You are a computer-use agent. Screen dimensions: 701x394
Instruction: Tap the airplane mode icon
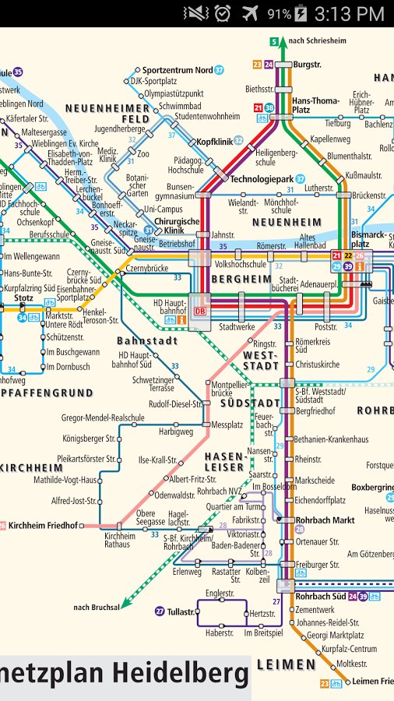250,13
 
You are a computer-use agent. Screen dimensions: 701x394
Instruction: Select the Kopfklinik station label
214,141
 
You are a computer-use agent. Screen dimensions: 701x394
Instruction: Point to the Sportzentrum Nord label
177,70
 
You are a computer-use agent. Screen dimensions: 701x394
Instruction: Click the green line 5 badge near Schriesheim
274,41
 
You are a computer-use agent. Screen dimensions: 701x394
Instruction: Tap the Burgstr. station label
307,65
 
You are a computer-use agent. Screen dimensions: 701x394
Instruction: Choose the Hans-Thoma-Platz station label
315,105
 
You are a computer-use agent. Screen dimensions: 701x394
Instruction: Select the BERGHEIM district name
242,278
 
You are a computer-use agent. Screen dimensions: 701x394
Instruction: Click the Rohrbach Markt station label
325,520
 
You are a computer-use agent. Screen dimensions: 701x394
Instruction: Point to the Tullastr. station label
181,611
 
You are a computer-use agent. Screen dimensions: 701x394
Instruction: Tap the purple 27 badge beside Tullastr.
160,611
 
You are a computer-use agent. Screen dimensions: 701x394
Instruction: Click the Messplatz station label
227,424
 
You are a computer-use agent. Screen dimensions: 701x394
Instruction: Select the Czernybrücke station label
146,268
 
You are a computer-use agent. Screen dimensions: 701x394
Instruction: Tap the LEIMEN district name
286,664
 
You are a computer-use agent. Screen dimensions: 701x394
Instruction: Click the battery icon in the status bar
301,14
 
